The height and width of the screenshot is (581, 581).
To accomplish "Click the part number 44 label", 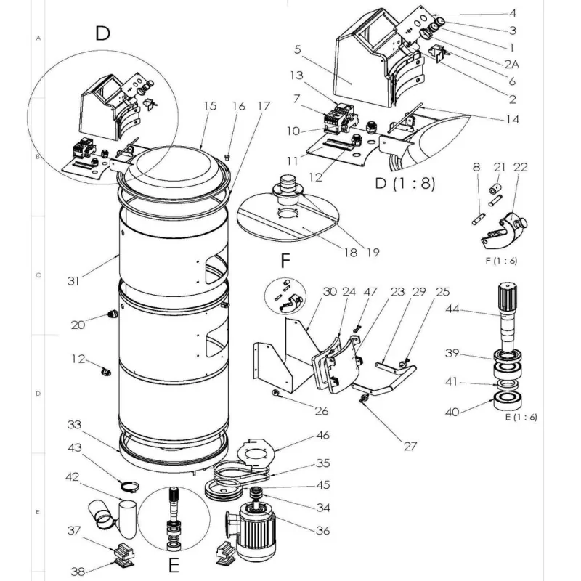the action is [x=452, y=309].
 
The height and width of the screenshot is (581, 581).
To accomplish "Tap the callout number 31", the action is [x=73, y=281].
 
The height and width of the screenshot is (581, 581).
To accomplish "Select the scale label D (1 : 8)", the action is [x=405, y=183].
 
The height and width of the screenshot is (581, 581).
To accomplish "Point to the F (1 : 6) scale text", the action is [x=501, y=261].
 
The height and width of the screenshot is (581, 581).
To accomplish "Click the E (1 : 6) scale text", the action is [x=521, y=417].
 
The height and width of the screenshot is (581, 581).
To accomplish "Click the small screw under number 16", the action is [x=227, y=158].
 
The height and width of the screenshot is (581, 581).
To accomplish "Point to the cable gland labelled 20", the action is [x=112, y=314].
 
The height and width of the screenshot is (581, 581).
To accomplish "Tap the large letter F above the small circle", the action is [x=285, y=261].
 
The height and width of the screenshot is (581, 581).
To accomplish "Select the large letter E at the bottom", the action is [x=174, y=566].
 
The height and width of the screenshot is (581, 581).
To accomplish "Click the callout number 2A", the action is [x=511, y=65].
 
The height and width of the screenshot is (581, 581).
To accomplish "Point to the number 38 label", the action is [x=78, y=572].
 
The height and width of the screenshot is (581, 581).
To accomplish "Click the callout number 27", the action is [x=410, y=446].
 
